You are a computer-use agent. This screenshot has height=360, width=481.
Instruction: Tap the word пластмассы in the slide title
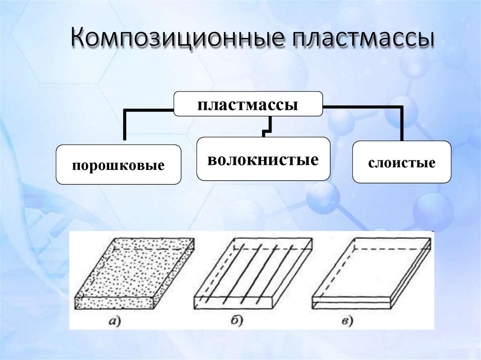[x=362, y=38]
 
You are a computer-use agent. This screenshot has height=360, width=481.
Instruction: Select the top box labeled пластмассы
[x=248, y=104]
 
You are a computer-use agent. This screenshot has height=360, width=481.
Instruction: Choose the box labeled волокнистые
[x=263, y=159]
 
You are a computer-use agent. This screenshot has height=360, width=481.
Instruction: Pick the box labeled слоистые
[x=402, y=162]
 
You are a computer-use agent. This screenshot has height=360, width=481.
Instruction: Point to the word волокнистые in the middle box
[x=263, y=160]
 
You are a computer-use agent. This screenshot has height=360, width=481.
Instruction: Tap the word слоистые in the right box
[x=402, y=163]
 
